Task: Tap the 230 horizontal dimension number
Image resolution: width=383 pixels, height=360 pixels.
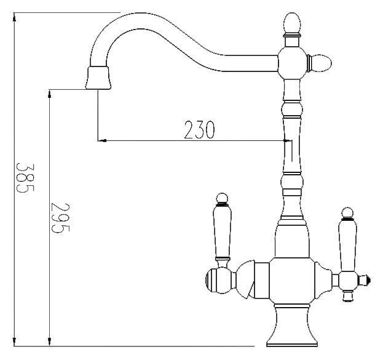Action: point(199,130)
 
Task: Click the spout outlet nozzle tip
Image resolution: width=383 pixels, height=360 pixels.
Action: point(98,78)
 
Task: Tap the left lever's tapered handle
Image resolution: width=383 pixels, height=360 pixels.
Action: point(221,234)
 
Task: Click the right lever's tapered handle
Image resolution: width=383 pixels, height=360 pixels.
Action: point(347,242)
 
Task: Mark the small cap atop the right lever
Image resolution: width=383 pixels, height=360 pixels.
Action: point(348,214)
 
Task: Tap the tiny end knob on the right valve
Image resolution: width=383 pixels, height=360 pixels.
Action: point(368,281)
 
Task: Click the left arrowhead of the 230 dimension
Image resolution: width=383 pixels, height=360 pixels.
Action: point(103,140)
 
